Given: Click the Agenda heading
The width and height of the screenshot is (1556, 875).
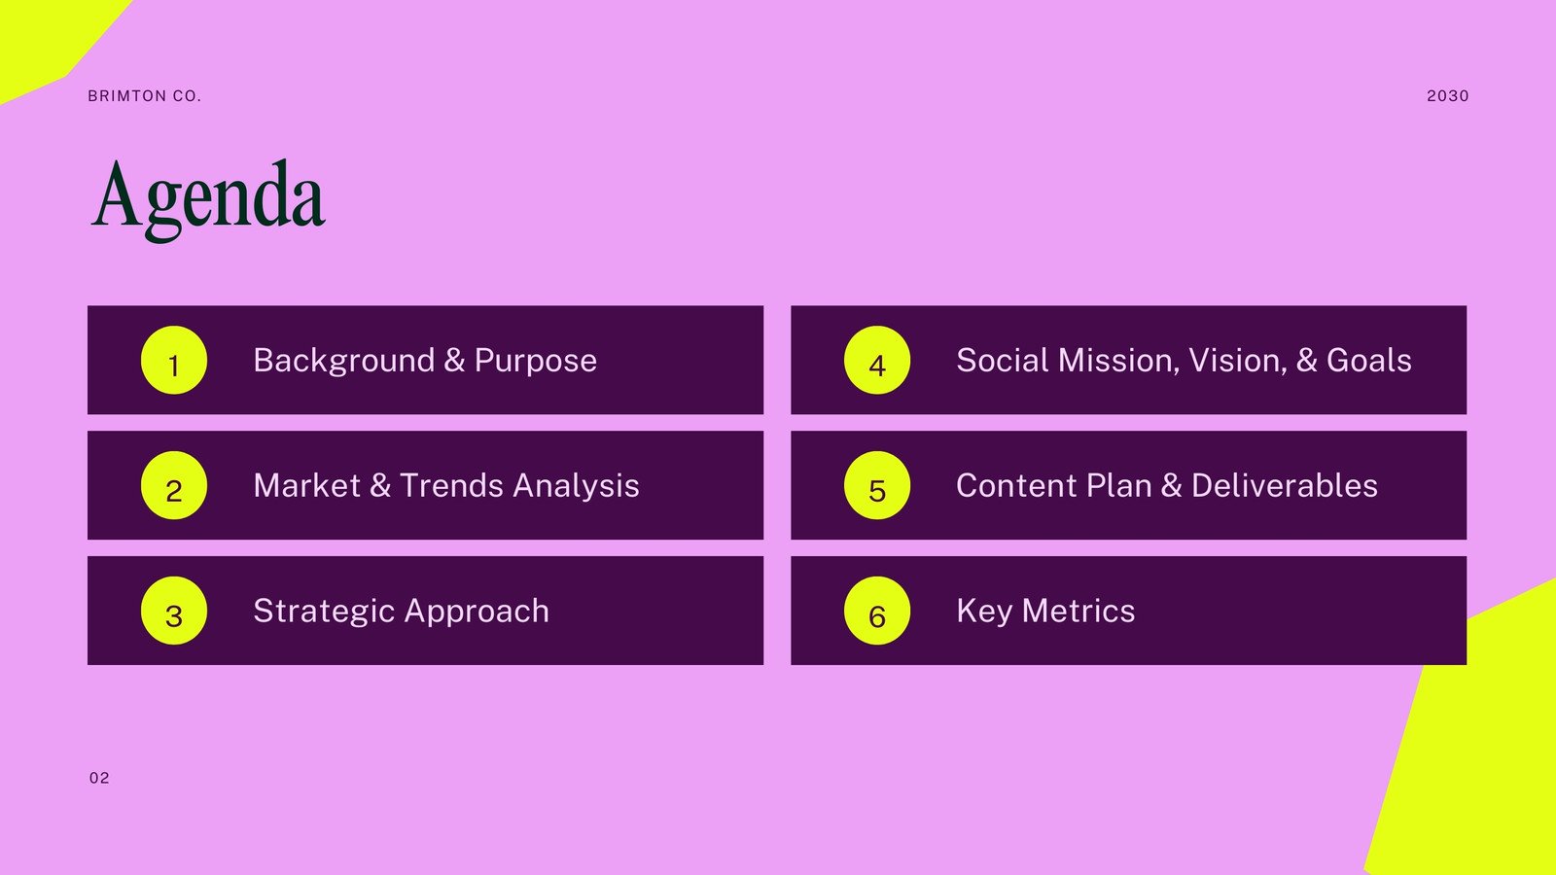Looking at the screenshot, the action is pos(208,200).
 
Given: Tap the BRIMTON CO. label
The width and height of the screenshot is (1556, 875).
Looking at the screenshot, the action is pos(145,96).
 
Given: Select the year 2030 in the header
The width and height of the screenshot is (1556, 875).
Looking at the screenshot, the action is pos(1448,96).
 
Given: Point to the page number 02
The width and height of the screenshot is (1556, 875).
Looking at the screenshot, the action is pos(99,778).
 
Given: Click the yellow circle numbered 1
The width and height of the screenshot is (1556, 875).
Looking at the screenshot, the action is pos(174,361).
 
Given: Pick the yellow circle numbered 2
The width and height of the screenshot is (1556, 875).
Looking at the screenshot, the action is pos(174,485).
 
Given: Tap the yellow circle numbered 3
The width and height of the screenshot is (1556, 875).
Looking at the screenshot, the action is pos(174,611).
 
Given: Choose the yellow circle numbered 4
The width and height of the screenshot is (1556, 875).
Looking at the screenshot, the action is pos(876,361).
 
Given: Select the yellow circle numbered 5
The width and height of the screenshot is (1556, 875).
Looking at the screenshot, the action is pos(876,485).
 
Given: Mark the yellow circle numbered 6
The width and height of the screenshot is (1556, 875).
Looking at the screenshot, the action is pos(876,611).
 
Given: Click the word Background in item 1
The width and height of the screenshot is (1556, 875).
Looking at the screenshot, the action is pos(344,362).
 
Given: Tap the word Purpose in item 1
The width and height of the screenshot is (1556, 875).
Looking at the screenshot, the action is pos(536,362).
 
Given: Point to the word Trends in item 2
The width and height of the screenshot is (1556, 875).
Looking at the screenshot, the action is pos(451,485).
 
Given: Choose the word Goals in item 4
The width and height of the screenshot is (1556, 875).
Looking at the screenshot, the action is pos(1368,361).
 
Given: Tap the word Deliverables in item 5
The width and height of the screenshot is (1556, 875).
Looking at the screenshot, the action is pos(1285,485).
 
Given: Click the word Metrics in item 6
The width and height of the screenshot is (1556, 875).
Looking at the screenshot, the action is pos(1079,612).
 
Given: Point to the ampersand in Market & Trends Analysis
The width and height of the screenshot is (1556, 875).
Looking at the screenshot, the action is pos(380,485).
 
